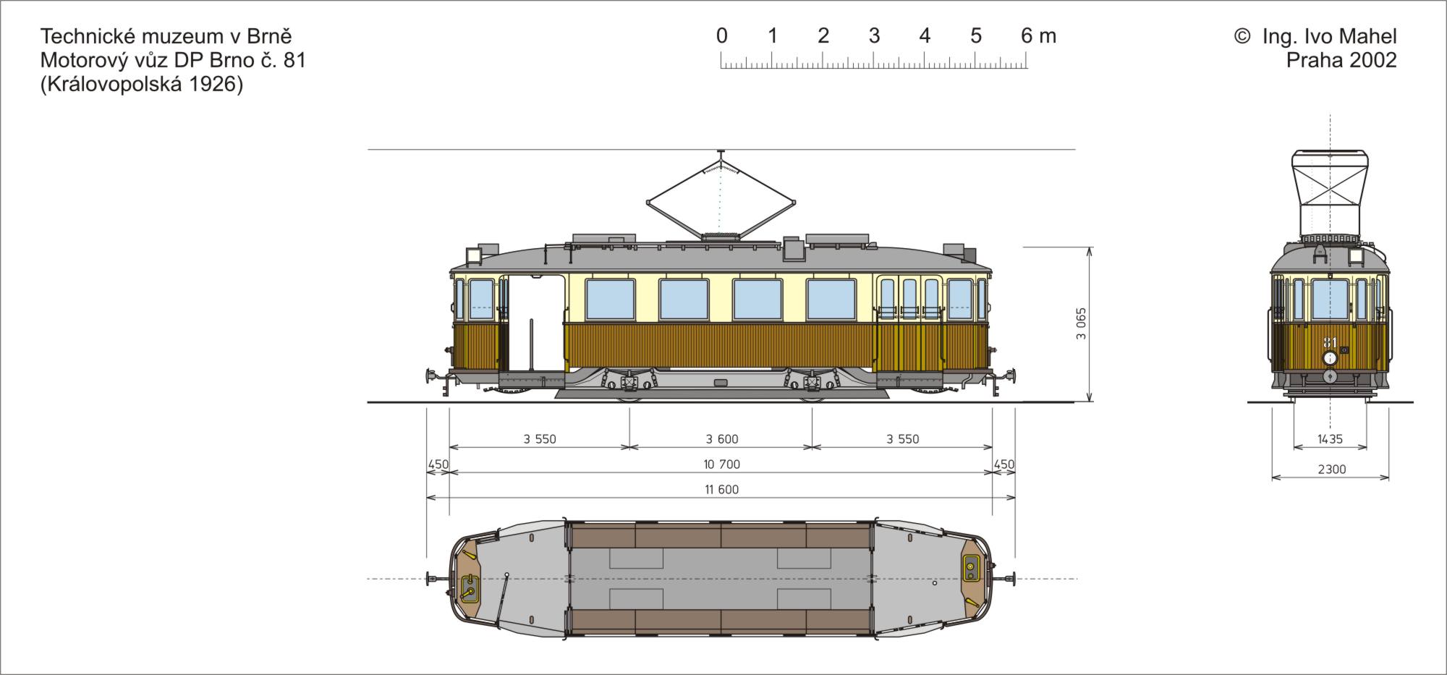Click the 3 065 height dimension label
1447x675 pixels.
[x=1081, y=323]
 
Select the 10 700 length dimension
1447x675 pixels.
[x=721, y=464]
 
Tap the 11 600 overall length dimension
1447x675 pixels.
[x=721, y=490]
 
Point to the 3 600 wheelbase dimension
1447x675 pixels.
[x=721, y=439]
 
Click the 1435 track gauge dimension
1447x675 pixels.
[x=1330, y=439]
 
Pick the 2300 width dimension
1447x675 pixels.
[x=1331, y=470]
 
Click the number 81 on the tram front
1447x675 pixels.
[x=1330, y=342]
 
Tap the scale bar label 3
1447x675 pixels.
[x=874, y=35]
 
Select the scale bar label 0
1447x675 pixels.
[x=721, y=35]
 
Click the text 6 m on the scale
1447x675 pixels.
[x=1038, y=35]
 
